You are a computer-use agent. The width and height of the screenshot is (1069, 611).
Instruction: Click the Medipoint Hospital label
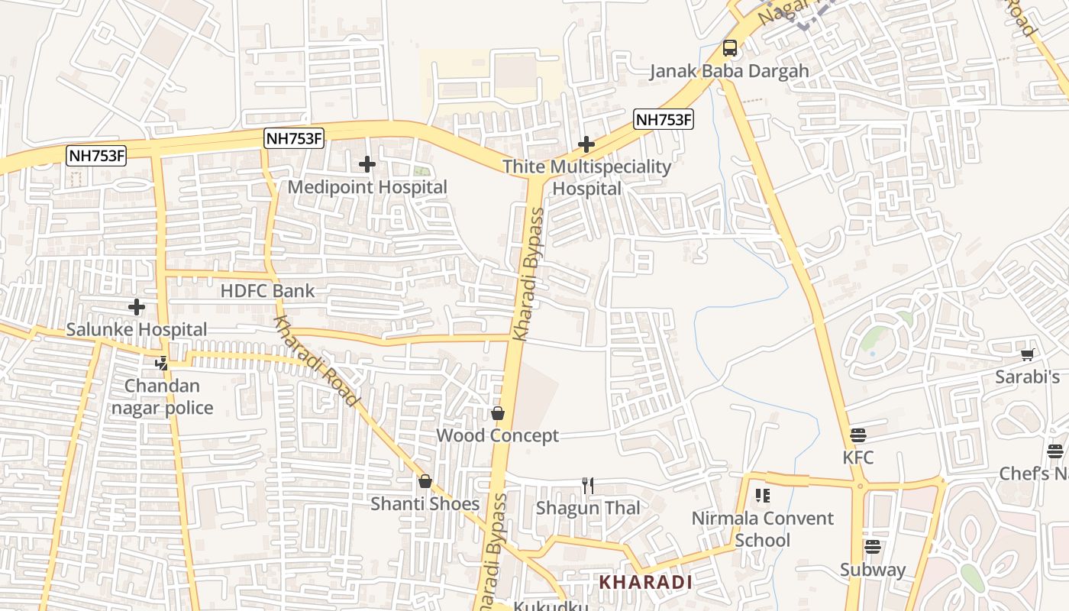367,187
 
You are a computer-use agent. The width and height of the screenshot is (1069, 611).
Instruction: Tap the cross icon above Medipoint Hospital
367,163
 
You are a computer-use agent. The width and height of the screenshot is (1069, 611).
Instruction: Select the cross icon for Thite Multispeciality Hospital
586,144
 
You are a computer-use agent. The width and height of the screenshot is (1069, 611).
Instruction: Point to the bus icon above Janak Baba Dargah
730,48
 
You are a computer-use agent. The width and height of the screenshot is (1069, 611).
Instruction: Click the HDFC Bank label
267,291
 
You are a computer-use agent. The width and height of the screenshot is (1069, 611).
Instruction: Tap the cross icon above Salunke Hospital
137,307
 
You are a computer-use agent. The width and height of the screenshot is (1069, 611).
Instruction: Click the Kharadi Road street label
315,361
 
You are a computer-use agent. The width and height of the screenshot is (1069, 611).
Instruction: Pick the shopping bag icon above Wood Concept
498,413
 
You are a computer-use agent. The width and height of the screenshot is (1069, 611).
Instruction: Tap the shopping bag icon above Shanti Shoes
425,481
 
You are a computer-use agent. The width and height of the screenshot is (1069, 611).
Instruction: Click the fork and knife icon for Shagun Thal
588,485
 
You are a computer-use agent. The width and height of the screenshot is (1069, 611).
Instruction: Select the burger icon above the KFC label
858,435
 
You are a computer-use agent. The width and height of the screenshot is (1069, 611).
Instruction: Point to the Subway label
873,570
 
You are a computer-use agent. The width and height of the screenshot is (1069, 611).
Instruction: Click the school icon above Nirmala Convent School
762,495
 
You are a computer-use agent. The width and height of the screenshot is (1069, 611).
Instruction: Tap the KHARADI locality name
645,582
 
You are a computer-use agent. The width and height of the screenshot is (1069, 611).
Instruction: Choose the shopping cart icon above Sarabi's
1027,354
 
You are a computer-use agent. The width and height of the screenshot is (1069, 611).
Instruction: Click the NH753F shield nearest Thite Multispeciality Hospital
664,119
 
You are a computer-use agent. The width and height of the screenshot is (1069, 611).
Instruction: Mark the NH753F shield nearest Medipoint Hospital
294,138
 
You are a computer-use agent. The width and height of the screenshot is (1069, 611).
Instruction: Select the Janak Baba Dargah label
729,72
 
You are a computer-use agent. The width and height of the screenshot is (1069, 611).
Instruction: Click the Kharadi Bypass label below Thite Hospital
529,273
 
